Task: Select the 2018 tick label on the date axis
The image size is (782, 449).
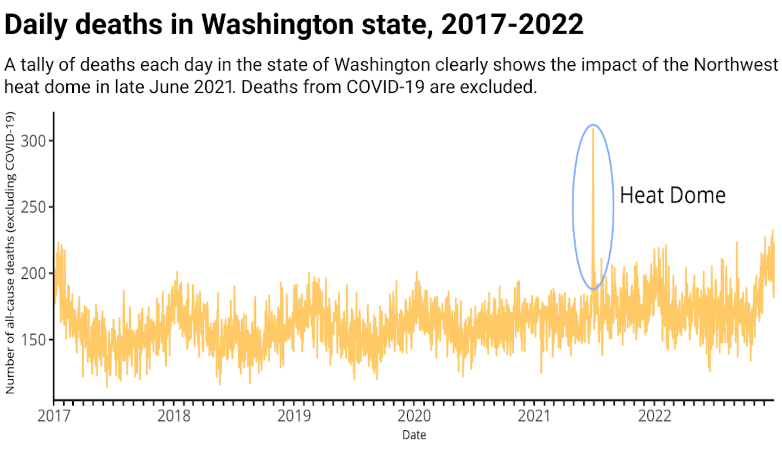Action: [x=175, y=416]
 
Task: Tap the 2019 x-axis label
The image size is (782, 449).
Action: [x=296, y=416]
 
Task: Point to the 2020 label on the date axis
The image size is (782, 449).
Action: [x=416, y=416]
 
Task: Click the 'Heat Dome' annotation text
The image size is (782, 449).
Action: [x=672, y=195]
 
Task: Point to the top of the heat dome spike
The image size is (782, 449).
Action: [x=593, y=129]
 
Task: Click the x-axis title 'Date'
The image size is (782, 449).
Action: [x=414, y=435]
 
